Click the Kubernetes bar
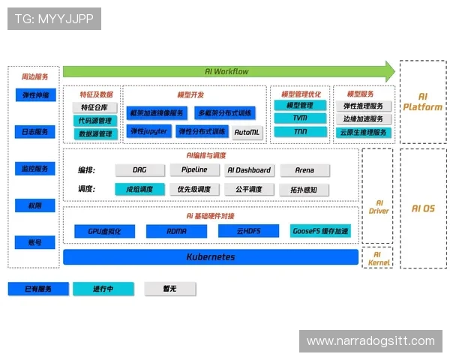(210, 257)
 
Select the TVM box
(300, 118)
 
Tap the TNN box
(300, 132)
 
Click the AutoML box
(247, 132)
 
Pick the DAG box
(139, 170)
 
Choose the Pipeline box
(194, 170)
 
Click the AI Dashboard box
(249, 170)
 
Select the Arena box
(304, 170)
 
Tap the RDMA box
(177, 231)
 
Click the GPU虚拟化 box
(104, 231)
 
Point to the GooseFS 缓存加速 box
(320, 231)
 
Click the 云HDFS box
(248, 231)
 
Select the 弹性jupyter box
(148, 131)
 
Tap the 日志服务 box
(34, 132)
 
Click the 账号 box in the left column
(34, 242)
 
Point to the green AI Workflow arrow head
(388, 71)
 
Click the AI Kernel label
(379, 258)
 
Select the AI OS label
(423, 208)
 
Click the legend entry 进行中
(103, 289)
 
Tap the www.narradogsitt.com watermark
(370, 341)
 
